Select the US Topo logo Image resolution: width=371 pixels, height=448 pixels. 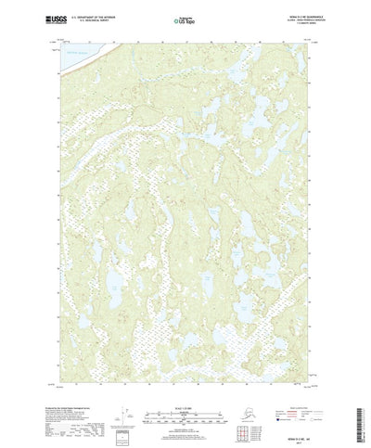click(185, 20)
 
